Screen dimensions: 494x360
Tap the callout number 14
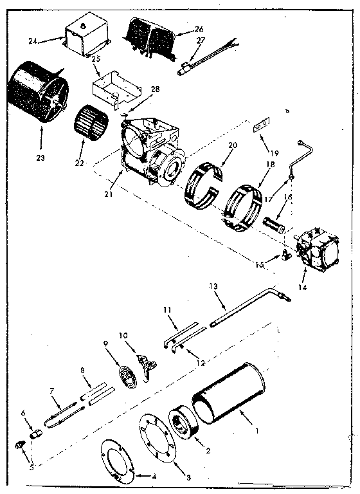302,288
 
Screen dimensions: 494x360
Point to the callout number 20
233,145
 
